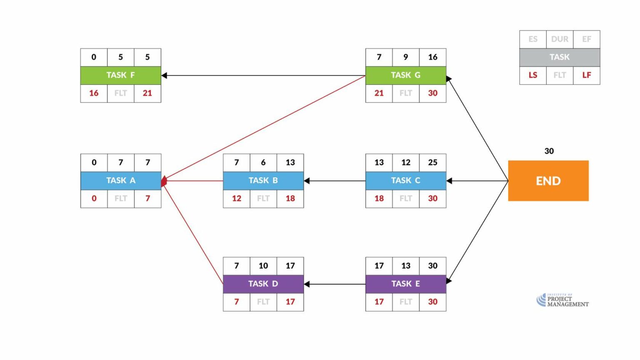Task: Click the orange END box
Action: [548, 181]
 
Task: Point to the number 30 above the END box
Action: [549, 151]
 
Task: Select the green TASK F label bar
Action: [120, 75]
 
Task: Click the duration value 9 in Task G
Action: [405, 57]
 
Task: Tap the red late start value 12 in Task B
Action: [236, 199]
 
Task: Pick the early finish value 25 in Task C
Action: [432, 162]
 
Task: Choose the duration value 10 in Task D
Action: [263, 266]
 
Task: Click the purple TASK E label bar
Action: [405, 284]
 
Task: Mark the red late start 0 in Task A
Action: [94, 199]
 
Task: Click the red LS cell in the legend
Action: [532, 75]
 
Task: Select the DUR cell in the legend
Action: [559, 39]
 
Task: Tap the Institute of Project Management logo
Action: [562, 300]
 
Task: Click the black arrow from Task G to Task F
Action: [262, 75]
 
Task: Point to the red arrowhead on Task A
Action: [164, 181]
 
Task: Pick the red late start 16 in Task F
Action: [94, 93]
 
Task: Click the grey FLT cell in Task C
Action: [405, 199]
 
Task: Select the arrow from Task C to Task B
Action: [334, 181]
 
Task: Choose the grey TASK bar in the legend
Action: [559, 57]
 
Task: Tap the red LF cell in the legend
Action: [586, 75]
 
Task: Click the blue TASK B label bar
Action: [263, 181]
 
